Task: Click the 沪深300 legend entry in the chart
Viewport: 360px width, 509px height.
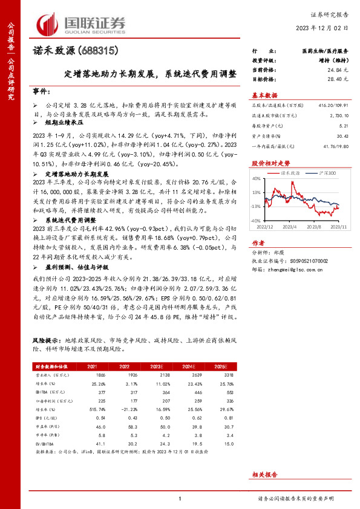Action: [x=327, y=172]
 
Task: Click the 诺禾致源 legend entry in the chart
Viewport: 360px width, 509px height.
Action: [x=292, y=172]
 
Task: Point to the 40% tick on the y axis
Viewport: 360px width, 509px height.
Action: [x=257, y=178]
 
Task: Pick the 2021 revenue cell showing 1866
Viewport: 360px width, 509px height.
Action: [x=93, y=375]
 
